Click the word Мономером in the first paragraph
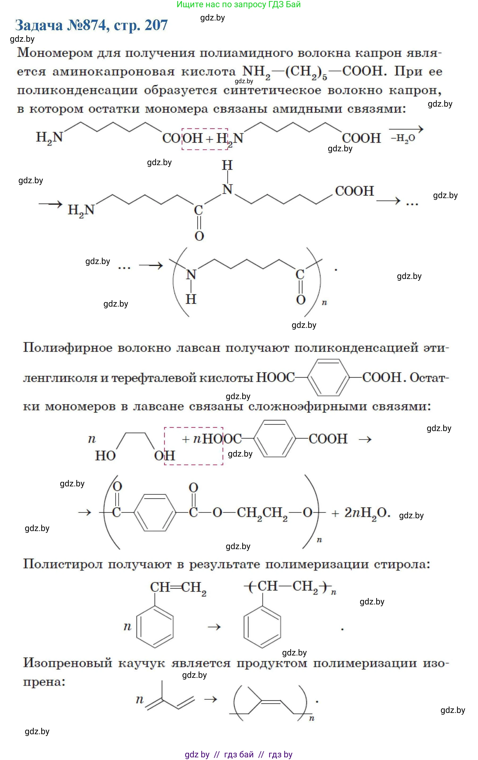click(55, 53)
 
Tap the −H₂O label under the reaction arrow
click(403, 138)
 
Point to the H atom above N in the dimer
click(227, 165)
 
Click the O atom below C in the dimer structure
click(199, 236)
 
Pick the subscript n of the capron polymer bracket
click(324, 303)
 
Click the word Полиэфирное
click(68, 348)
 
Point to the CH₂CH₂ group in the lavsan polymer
click(262, 513)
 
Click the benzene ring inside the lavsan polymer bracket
click(155, 512)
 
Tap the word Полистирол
click(63, 564)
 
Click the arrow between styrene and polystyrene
click(214, 627)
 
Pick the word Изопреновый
click(68, 663)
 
